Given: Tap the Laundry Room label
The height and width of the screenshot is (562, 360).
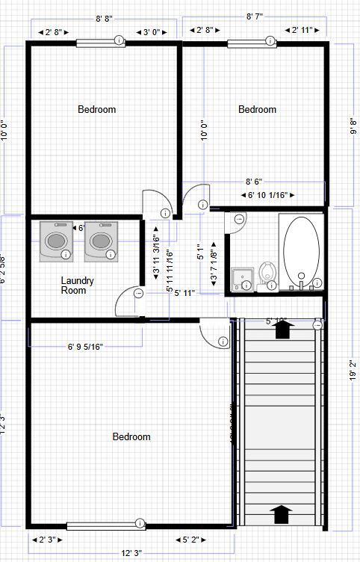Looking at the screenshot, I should [77, 285].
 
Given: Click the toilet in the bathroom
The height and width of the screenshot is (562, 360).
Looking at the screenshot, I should [267, 275].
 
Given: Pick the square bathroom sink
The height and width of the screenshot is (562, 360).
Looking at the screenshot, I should [242, 279].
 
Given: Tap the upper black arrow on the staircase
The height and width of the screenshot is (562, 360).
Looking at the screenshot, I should [282, 330].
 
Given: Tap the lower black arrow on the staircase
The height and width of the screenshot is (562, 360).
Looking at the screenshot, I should [281, 514].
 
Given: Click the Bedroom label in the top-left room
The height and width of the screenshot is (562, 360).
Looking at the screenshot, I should [97, 110].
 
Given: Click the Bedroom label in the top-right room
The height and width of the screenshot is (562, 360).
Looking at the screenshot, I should [257, 110].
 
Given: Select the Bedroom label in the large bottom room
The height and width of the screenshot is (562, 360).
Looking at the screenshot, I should [131, 437].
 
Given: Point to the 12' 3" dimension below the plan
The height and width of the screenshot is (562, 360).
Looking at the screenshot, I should [131, 554].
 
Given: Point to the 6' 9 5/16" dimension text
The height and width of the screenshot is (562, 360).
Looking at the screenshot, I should [85, 347].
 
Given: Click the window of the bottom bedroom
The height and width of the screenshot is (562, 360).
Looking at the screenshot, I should [105, 525].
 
